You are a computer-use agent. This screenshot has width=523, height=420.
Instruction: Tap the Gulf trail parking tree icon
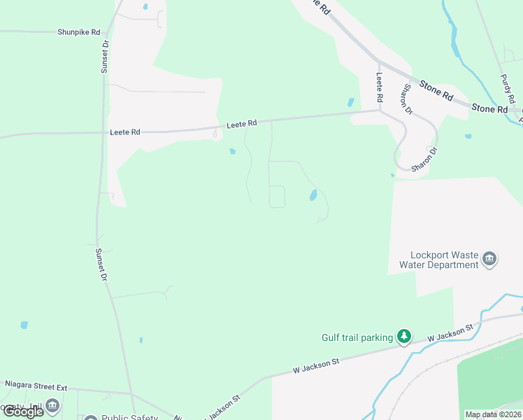[403, 337]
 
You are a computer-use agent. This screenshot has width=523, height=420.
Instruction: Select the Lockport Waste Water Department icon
[489, 260]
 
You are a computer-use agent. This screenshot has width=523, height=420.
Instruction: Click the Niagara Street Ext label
[36, 385]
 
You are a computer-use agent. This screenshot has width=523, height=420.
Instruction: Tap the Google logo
[22, 412]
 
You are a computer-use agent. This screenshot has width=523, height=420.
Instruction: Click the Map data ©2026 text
[493, 414]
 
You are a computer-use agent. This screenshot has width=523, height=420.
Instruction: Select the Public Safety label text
[131, 418]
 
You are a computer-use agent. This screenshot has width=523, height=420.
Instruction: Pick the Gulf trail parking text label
[357, 337]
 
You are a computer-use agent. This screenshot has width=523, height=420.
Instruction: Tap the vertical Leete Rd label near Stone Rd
[380, 86]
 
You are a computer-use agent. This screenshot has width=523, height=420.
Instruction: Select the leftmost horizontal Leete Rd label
[125, 132]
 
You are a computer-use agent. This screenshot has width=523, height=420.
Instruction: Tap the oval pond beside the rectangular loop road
[313, 195]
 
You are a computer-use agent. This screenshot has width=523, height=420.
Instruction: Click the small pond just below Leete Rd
[231, 150]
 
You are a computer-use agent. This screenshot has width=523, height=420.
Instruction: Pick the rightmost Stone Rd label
[489, 108]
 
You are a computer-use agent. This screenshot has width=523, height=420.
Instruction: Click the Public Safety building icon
[90, 418]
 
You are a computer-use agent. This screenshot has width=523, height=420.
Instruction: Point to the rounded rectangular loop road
[278, 197]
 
